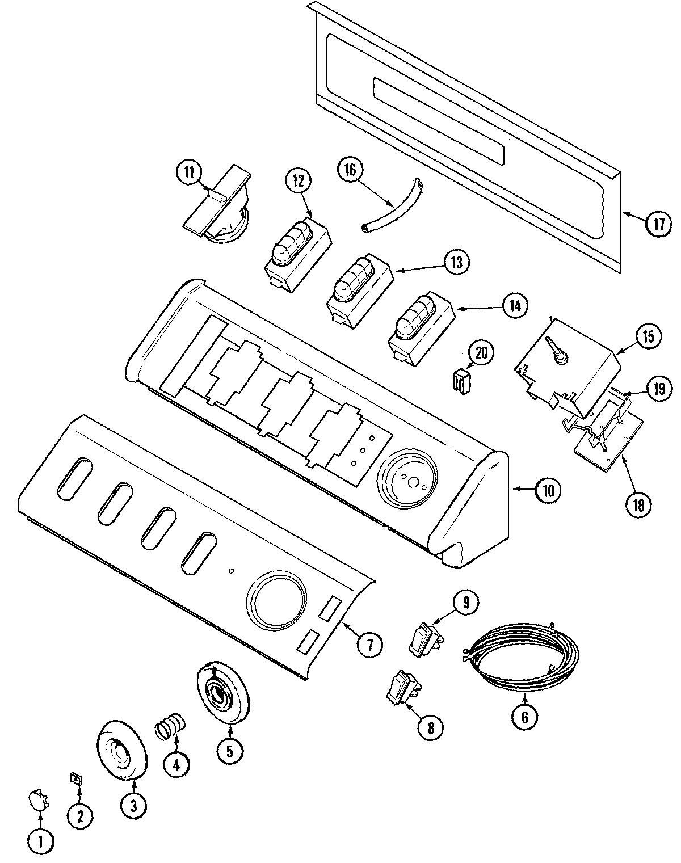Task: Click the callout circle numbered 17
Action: (x=658, y=224)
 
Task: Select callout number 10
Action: (x=548, y=490)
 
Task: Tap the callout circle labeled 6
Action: (x=524, y=717)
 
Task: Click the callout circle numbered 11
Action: (x=188, y=171)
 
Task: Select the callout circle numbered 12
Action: (x=299, y=180)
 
